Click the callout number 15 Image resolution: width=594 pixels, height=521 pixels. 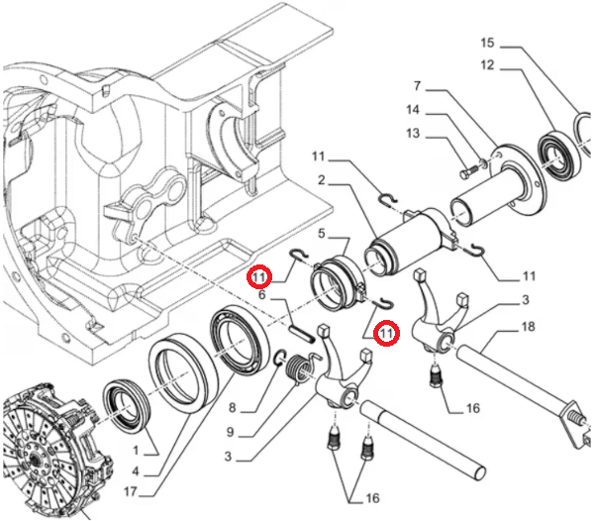[x=487, y=43]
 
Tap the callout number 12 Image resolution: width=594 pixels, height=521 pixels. [x=487, y=65]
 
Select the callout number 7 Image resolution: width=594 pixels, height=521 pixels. [x=417, y=86]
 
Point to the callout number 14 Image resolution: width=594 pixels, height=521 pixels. [x=413, y=110]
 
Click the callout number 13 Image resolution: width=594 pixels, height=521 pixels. [x=413, y=133]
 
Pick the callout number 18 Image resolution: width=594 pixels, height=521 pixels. [x=528, y=326]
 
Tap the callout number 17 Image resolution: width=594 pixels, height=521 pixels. [x=130, y=492]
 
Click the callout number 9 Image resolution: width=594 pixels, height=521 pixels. [x=230, y=432]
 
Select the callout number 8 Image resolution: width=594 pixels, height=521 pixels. [x=233, y=408]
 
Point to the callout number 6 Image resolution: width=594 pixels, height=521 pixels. [x=262, y=294]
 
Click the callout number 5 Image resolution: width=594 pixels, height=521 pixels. [x=321, y=234]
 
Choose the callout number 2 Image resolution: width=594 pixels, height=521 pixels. [x=321, y=180]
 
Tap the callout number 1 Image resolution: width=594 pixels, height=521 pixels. [x=136, y=451]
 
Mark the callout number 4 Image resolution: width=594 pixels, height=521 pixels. [x=136, y=471]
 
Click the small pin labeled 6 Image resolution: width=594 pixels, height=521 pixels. [x=302, y=332]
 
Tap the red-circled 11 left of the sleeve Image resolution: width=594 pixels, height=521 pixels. [x=259, y=277]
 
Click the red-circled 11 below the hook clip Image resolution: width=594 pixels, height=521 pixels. [x=386, y=333]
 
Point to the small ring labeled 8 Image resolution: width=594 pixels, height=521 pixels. [x=279, y=357]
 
